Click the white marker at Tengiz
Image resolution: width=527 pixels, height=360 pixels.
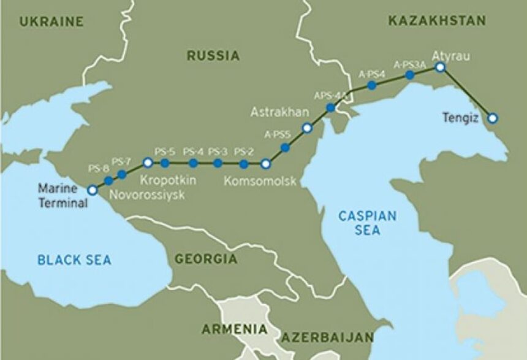coord(492,117)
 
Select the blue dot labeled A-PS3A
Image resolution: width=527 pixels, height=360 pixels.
coord(410,75)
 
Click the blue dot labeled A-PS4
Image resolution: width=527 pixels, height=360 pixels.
coord(371,85)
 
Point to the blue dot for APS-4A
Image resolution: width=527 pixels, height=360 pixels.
coord(330,108)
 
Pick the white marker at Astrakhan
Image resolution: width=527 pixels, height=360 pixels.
coord(307,128)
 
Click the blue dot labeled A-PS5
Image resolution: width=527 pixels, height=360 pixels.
coord(285,147)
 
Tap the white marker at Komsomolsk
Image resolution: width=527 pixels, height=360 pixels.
coord(265,164)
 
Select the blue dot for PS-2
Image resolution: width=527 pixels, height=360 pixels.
coord(243,164)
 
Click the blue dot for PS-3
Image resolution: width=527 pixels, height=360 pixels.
coord(218,163)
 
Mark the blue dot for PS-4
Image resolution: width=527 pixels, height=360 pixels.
coord(193,163)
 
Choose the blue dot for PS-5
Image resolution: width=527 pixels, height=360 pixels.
coord(165,163)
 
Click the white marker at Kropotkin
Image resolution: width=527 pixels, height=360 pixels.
coord(148,163)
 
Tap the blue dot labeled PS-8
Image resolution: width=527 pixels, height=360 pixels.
coord(108,180)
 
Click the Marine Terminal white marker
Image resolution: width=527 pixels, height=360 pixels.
coord(92,190)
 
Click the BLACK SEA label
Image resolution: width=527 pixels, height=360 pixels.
coord(75,260)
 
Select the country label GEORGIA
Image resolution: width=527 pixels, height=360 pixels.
coord(206,259)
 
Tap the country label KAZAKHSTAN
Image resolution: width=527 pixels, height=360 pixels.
coord(437,21)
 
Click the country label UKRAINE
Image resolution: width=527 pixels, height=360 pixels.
coord(51,21)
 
